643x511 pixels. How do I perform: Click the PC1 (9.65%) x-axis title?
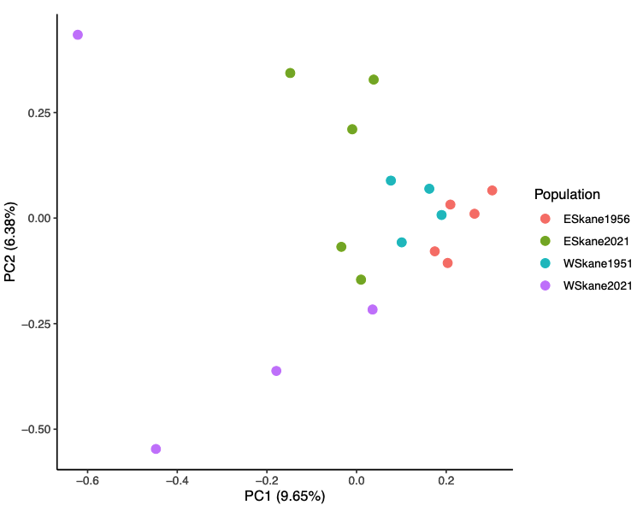285,496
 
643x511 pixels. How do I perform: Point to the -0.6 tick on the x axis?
87,481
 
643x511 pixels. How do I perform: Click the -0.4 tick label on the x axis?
176,481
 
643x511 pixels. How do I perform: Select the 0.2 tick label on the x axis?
445,481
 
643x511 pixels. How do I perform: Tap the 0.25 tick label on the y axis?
37,113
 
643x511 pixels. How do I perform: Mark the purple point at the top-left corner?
78,35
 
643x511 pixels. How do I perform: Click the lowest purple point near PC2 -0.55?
156,449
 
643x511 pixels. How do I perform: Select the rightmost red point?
492,191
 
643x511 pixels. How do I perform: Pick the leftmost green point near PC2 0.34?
290,73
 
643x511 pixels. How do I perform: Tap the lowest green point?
361,279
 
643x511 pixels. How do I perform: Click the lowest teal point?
402,243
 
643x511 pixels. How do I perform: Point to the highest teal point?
391,181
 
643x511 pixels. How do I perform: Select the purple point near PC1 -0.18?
276,371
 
